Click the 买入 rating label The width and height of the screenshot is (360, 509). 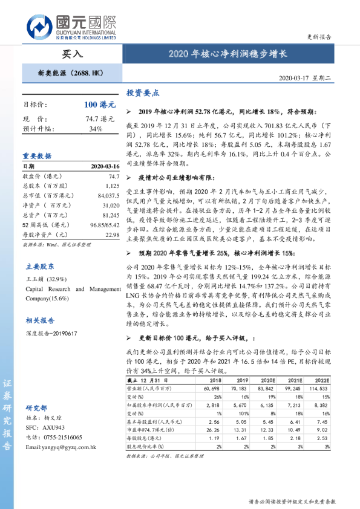[72, 53]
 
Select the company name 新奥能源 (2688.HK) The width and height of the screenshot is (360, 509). [71, 73]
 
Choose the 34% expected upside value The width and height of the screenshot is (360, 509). [96, 129]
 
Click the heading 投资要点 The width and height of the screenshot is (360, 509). [143, 93]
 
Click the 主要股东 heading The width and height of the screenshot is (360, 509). [40, 266]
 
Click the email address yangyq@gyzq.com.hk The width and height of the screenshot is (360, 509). [61, 447]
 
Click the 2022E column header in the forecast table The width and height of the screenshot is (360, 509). [322, 380]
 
